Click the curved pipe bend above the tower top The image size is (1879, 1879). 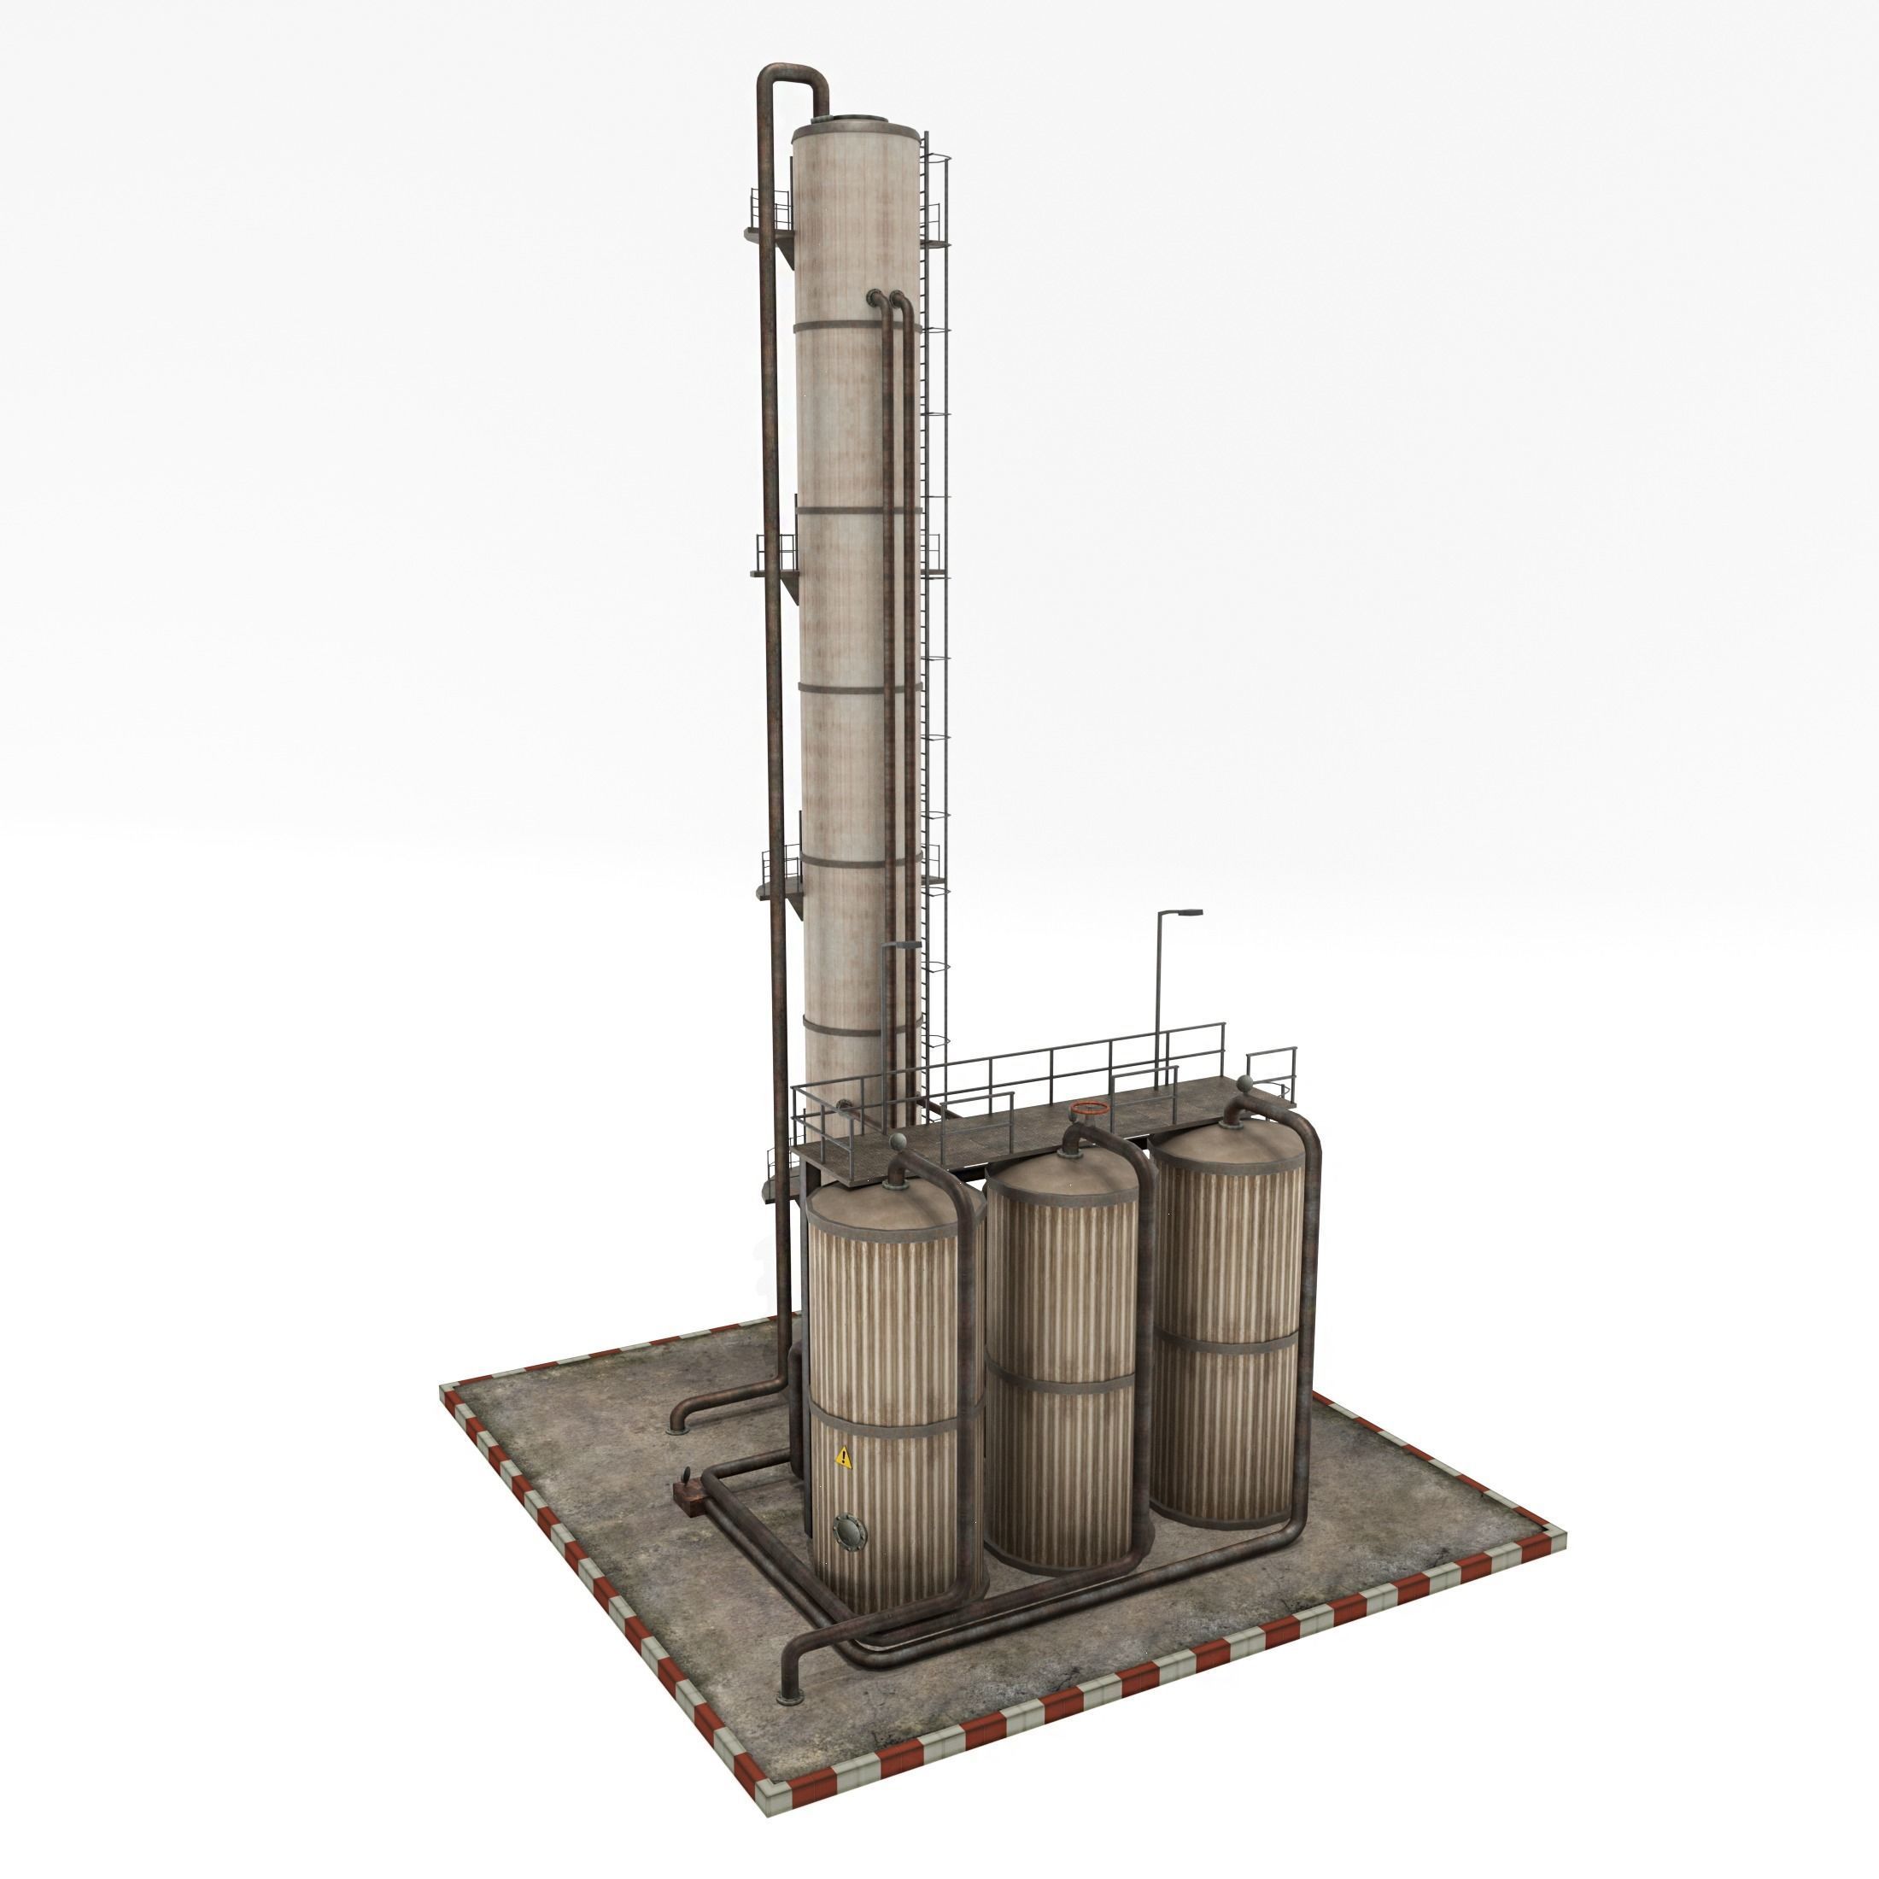pyautogui.click(x=793, y=79)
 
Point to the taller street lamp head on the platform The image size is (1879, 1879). pyautogui.click(x=1189, y=912)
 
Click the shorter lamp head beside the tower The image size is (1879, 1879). pyautogui.click(x=902, y=944)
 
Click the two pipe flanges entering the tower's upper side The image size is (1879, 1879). pyautogui.click(x=885, y=296)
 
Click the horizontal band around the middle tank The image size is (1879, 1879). pyautogui.click(x=1061, y=1382)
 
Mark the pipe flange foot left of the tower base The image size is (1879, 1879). pyautogui.click(x=678, y=1425)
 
